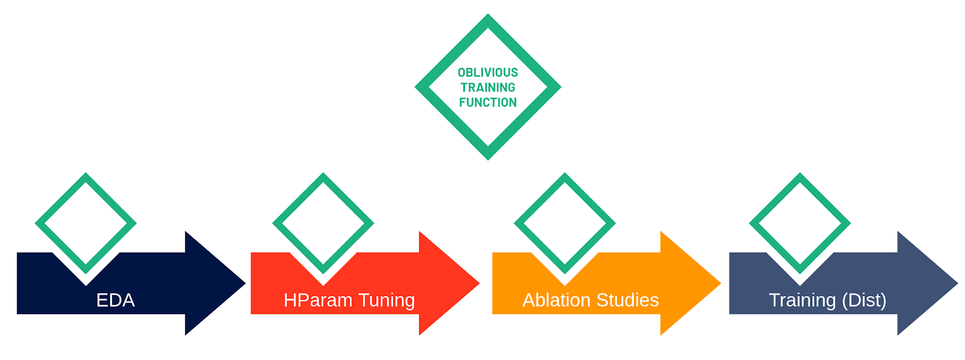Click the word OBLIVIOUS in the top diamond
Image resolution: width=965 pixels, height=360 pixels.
tap(487, 72)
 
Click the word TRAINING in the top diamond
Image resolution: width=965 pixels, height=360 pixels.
tap(487, 87)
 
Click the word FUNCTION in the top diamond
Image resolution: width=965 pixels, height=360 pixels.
tap(487, 103)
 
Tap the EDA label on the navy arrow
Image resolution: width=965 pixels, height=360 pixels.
tap(115, 300)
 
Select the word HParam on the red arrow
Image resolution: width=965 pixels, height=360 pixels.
tap(318, 300)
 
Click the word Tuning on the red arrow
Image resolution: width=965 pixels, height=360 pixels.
tap(387, 300)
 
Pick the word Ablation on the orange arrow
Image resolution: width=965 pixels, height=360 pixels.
tap(557, 300)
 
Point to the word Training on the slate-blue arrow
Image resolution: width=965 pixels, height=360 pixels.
tap(802, 300)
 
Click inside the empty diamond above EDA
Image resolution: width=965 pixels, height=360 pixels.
tap(86, 223)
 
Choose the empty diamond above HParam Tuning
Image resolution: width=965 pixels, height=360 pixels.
tap(323, 223)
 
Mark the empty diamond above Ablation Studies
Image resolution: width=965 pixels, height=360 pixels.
tap(565, 223)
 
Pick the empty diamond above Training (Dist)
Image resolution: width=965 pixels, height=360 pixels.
tap(800, 223)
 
